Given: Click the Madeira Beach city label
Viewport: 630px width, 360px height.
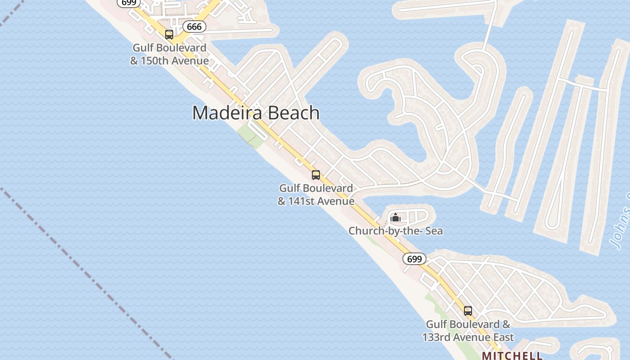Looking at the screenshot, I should tap(256, 113).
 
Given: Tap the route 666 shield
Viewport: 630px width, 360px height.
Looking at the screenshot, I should tap(194, 27).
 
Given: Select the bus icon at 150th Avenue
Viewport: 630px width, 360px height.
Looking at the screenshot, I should tap(169, 35).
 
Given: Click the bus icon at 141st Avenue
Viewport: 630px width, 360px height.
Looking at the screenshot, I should tap(316, 175).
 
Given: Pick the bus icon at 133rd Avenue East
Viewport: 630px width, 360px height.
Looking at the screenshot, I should tap(468, 310).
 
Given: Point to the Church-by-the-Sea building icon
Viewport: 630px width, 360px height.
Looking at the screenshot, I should tap(396, 218).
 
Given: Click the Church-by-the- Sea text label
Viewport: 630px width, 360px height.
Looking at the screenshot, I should tap(396, 231).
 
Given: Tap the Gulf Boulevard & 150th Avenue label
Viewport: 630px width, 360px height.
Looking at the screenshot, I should tap(169, 54).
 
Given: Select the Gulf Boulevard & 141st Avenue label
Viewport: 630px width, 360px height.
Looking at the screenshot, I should tap(316, 194).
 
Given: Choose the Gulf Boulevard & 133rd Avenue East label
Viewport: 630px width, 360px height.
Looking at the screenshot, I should tap(468, 330).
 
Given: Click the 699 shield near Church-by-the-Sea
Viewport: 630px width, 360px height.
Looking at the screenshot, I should tap(414, 259).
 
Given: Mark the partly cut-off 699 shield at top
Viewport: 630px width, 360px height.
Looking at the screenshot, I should tap(128, 3).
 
